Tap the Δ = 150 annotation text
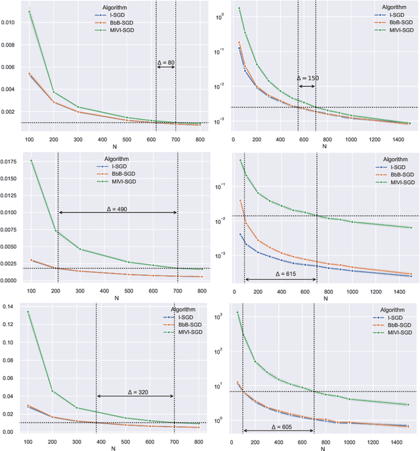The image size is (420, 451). coord(307,78)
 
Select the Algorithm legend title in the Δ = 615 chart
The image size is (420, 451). coord(388,160)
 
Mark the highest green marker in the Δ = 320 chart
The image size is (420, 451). coord(29,312)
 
